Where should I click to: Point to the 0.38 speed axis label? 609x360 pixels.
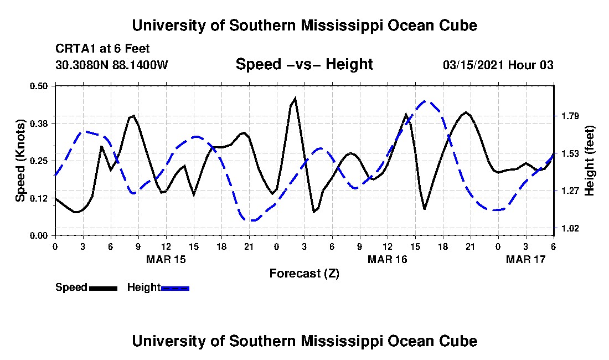pyautogui.click(x=39, y=124)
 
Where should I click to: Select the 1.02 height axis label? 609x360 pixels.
pyautogui.click(x=570, y=228)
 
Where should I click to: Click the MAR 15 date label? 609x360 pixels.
pyautogui.click(x=166, y=259)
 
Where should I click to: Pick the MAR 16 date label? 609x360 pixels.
pyautogui.click(x=387, y=259)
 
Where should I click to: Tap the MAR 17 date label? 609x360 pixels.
pyautogui.click(x=525, y=259)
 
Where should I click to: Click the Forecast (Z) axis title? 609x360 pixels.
pyautogui.click(x=304, y=274)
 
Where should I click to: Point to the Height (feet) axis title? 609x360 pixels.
pyautogui.click(x=589, y=161)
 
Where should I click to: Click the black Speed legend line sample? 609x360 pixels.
pyautogui.click(x=103, y=288)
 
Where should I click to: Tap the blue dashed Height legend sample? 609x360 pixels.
pyautogui.click(x=175, y=288)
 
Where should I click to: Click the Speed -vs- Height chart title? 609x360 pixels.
pyautogui.click(x=304, y=64)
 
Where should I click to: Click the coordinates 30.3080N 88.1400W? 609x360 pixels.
pyautogui.click(x=112, y=64)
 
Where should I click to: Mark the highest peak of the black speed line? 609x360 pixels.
pyautogui.click(x=295, y=98)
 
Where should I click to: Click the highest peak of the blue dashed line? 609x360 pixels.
pyautogui.click(x=425, y=101)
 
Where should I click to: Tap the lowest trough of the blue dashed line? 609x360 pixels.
pyautogui.click(x=252, y=220)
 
